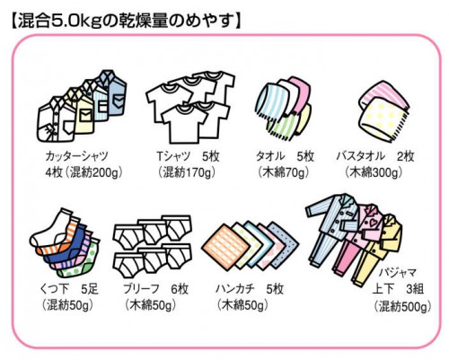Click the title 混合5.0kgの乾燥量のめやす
(127, 22)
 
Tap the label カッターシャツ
(77, 156)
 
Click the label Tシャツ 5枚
(188, 156)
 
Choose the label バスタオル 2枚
(375, 156)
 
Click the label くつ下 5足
(69, 289)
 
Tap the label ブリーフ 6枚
(155, 289)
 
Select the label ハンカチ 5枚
(250, 289)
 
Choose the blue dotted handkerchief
(283, 244)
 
